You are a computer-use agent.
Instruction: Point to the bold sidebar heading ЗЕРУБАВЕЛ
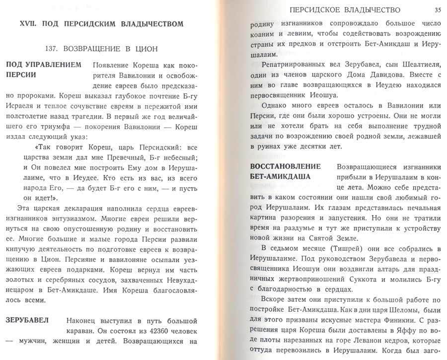click(x=27, y=320)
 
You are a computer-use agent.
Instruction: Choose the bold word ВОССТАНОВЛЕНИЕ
click(x=286, y=166)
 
